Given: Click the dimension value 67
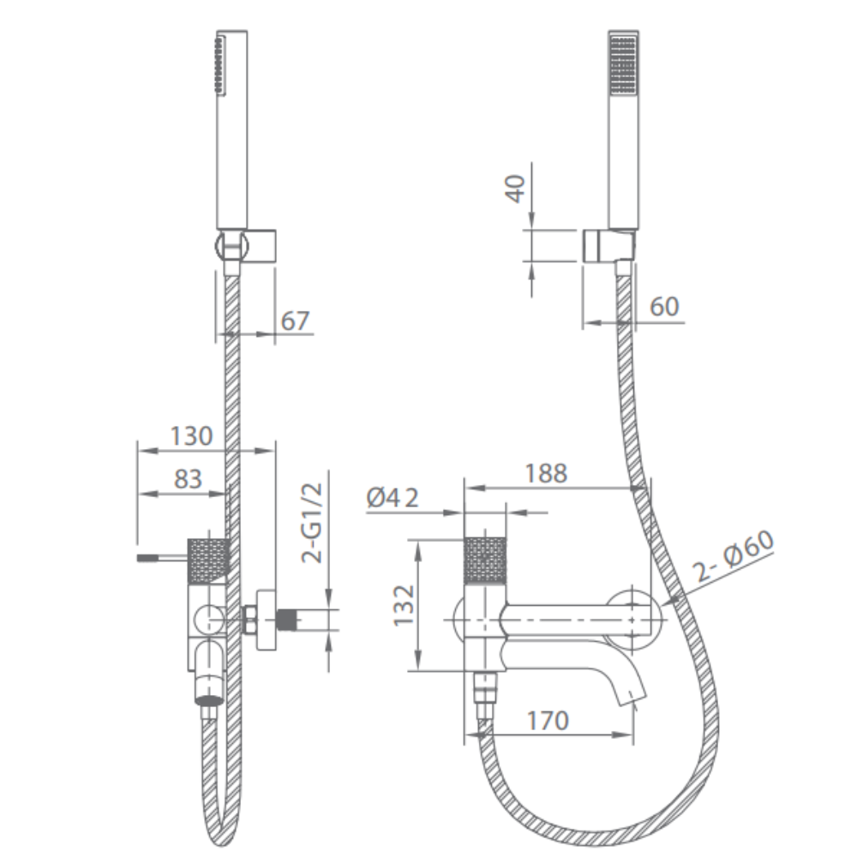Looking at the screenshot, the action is coord(295,321).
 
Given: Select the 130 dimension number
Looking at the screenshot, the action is coord(191,436).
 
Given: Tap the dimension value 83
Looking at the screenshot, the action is coord(188,479).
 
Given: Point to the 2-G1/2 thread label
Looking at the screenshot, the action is coord(312,523).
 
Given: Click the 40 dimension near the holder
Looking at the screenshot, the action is coord(515,189).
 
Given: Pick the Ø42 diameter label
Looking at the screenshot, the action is coord(393,498).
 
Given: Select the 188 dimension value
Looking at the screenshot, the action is coord(546,473).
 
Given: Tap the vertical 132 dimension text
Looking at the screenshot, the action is coord(405,606).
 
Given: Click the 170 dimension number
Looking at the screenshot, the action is coord(548,721).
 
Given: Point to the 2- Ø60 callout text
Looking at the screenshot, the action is coord(734,557).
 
